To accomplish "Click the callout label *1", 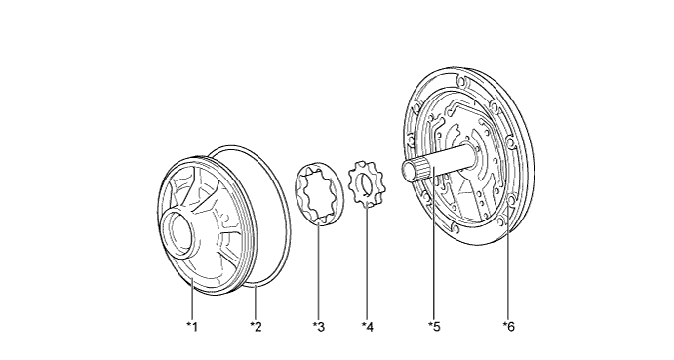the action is [192, 327].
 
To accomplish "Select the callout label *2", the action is [256, 327].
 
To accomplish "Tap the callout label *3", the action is [319, 327].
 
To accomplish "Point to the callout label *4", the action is [368, 327].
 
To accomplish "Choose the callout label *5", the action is [434, 327].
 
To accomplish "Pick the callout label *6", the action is [508, 327].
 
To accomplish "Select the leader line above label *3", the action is [319, 270].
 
